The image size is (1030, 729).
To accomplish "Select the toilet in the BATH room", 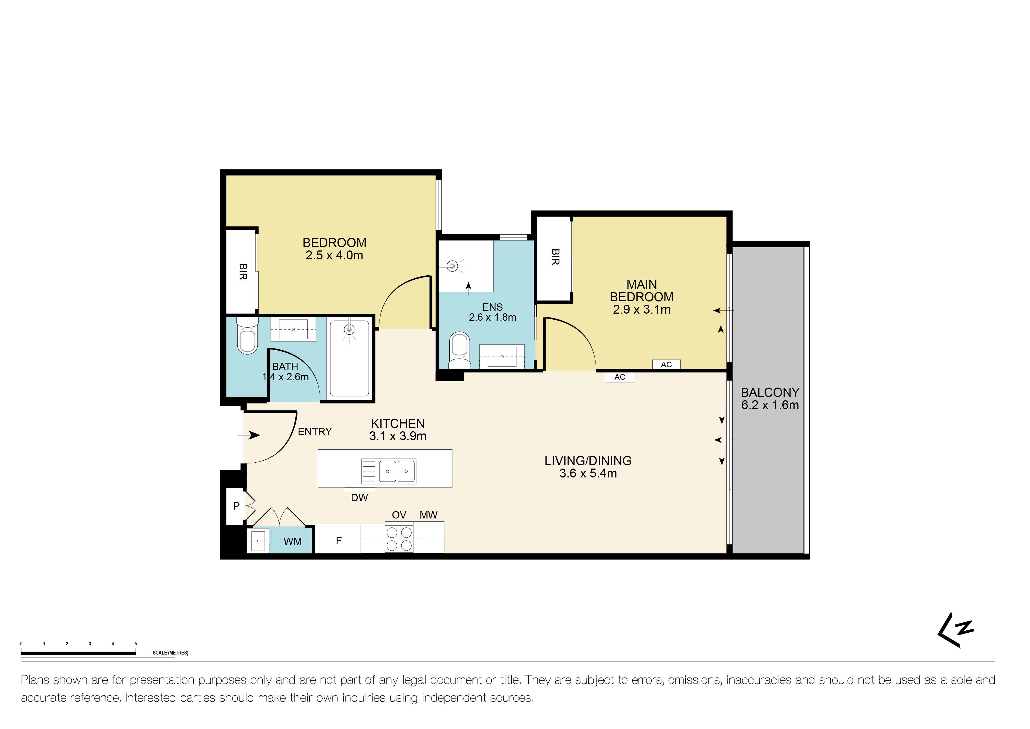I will (x=247, y=337).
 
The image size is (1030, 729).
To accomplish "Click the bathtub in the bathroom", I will (x=350, y=358).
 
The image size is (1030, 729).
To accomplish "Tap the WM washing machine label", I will (x=292, y=541).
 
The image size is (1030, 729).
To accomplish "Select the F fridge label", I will (x=339, y=540).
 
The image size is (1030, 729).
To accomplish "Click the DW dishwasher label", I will (x=359, y=497).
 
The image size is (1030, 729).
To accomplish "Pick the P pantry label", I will (x=237, y=506).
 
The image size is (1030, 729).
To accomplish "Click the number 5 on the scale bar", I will (x=135, y=643).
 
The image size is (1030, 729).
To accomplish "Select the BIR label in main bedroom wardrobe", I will (x=555, y=257).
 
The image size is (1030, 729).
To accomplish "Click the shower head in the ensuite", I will (x=452, y=266).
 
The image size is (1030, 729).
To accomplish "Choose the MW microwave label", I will (x=428, y=515).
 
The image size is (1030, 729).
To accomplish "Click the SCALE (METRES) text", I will (x=170, y=653).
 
